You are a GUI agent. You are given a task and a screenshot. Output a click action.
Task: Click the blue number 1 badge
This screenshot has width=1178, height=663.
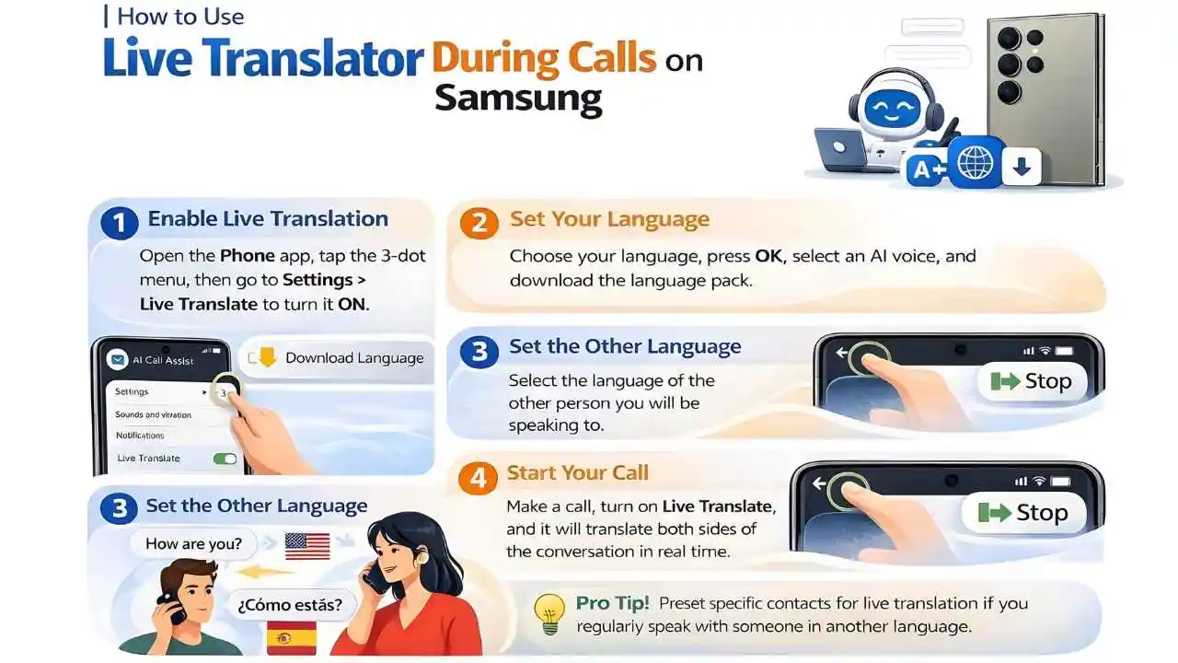pos(119,222)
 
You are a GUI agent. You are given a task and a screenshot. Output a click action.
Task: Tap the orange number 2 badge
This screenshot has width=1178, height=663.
pos(479,222)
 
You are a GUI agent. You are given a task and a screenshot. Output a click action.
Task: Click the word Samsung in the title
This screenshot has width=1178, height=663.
pos(518,97)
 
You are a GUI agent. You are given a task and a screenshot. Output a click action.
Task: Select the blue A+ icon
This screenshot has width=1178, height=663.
pos(925,170)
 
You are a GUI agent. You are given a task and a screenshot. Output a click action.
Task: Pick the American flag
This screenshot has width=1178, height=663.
pos(307,545)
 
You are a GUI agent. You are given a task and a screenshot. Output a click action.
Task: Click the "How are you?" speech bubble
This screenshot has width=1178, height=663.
pos(193,543)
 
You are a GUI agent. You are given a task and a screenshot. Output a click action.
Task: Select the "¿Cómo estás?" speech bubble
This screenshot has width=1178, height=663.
pos(290,604)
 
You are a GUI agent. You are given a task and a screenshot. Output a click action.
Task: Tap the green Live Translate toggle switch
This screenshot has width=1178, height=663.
pos(224,459)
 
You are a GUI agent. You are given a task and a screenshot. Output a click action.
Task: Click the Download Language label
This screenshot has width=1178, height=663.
pos(353,358)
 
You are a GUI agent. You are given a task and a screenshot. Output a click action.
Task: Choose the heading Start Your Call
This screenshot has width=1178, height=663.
pos(577,473)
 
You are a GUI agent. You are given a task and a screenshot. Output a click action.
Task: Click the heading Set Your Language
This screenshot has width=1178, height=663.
pos(609,220)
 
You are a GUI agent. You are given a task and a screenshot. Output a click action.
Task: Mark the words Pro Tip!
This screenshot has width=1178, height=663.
pos(612,604)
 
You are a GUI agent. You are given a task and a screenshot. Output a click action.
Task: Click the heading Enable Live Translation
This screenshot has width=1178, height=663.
pos(268,219)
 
